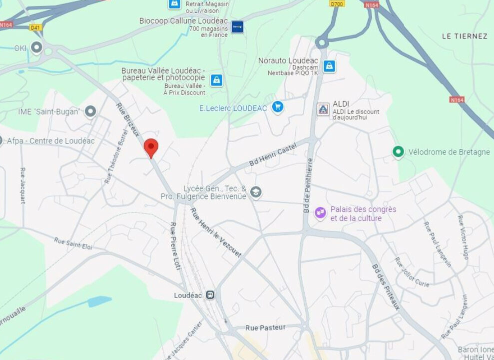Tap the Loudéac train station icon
click(211, 295)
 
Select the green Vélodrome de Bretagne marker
click(398, 151)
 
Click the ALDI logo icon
click(323, 109)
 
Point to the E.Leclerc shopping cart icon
click(278, 106)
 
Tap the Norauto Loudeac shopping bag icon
click(329, 66)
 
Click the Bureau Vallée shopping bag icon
click(216, 80)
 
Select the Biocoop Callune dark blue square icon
click(237, 26)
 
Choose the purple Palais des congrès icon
click(320, 213)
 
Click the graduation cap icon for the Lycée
click(256, 192)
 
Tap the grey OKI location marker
click(36, 47)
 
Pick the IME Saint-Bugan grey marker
click(90, 111)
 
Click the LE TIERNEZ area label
click(465, 36)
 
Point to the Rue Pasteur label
click(265, 327)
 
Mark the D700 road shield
click(337, 3)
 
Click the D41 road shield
click(35, 27)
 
